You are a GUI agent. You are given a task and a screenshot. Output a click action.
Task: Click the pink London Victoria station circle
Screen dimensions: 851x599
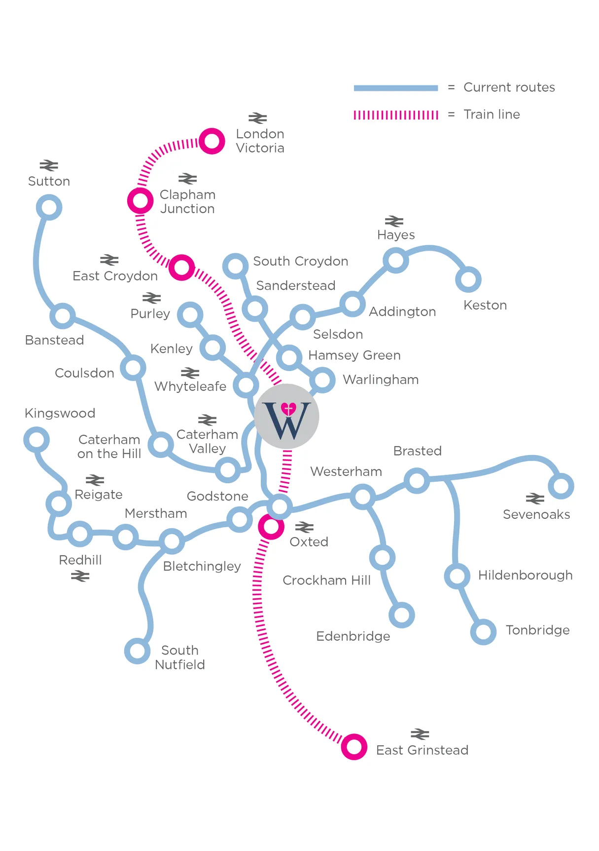(x=212, y=141)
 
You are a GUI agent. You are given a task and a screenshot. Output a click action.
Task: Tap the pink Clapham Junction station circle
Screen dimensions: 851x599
(x=141, y=200)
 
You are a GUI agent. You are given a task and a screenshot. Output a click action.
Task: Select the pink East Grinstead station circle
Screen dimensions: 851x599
(x=354, y=746)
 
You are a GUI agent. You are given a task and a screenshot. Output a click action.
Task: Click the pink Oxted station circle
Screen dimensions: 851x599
(x=271, y=527)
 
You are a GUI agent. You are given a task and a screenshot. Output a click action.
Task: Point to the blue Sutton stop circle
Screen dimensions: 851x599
(x=49, y=207)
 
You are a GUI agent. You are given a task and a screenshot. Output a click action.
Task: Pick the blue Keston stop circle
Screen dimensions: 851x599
(x=468, y=279)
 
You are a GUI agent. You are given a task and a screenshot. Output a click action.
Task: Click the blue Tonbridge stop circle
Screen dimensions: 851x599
(x=483, y=632)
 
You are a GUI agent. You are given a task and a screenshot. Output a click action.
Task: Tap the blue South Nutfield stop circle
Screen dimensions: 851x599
(x=137, y=651)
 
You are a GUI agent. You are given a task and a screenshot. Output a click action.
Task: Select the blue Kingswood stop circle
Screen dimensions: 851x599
(x=36, y=440)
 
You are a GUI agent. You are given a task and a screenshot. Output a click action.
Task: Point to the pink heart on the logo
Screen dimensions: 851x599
(x=288, y=409)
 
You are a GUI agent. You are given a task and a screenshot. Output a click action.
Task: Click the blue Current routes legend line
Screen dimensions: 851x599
(x=395, y=88)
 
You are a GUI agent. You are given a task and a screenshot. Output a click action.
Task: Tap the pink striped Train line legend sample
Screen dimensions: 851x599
(x=395, y=115)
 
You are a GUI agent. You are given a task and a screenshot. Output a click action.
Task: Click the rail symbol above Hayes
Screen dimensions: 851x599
(x=394, y=221)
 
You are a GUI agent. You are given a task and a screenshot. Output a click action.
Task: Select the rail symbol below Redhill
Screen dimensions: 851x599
(x=80, y=576)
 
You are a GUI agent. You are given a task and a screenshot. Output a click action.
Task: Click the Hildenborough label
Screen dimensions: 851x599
(x=525, y=575)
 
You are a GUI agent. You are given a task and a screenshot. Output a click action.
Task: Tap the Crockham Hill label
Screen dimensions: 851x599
(x=326, y=580)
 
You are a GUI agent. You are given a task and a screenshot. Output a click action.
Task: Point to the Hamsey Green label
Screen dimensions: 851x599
(x=354, y=355)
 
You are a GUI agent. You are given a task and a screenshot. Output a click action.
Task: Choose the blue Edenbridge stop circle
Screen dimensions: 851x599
(x=402, y=615)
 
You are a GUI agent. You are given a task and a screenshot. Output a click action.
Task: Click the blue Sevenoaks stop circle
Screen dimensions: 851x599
(x=561, y=486)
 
